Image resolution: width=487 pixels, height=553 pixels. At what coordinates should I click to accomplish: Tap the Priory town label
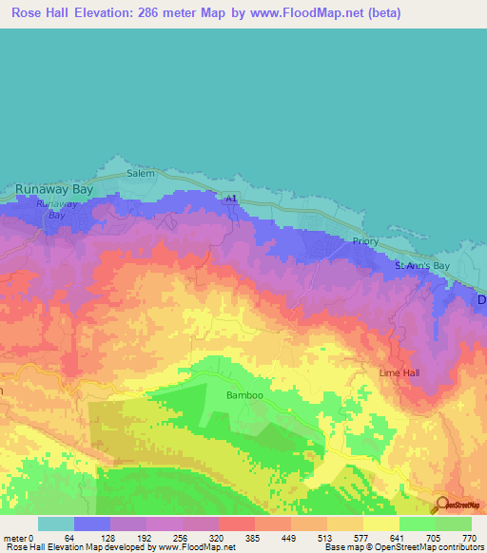click(x=364, y=241)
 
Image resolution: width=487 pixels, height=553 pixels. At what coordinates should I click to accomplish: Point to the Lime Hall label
click(x=399, y=372)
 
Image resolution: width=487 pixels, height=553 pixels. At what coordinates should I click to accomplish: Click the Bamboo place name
click(x=243, y=394)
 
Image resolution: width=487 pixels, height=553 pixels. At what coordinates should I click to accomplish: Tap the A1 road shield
click(x=230, y=198)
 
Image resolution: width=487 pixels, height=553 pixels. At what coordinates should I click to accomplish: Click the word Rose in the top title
click(x=29, y=13)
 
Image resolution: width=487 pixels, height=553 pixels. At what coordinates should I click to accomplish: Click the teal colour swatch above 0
click(x=56, y=524)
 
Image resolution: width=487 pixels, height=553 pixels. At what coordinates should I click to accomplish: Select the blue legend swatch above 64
click(x=92, y=524)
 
